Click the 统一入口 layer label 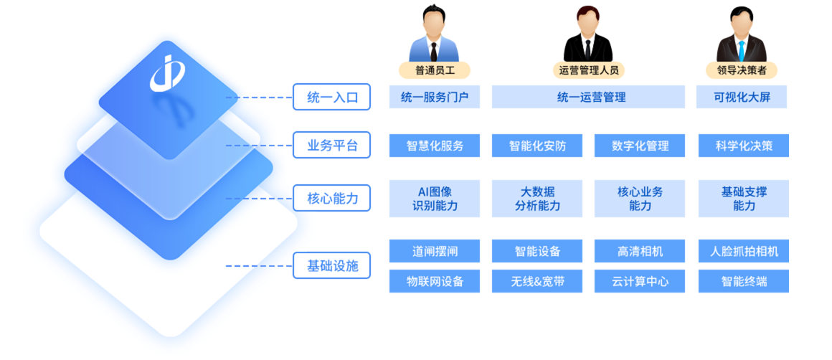coord(331,97)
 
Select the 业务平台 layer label coord(331,146)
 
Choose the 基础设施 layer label coord(331,266)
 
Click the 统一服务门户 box coord(435,97)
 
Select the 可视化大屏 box coord(742,97)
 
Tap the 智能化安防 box coord(537,146)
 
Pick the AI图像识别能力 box coord(435,199)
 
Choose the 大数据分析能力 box coord(537,199)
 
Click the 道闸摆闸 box coord(435,252)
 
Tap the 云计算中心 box coord(640,282)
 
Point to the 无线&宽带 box coord(537,282)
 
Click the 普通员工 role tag coord(434,70)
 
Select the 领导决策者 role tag coord(742,70)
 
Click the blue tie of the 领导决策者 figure coord(742,50)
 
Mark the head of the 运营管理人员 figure coord(587,24)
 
